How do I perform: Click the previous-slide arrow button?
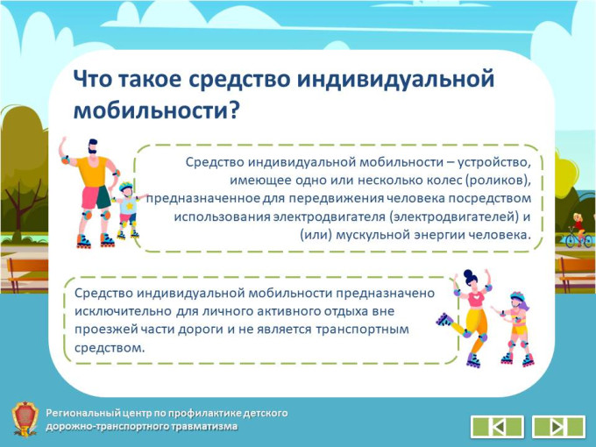coord(497,427)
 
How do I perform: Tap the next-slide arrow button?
coord(558,427)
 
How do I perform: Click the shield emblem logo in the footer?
coord(25,419)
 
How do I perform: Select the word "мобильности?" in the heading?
coord(157,110)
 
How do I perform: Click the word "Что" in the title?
coord(92,79)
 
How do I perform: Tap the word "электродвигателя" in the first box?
coord(330,216)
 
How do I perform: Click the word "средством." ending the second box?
coord(110,347)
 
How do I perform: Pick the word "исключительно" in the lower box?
coord(123,311)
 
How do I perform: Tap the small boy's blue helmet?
coord(125,187)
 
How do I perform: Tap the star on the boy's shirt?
coord(130,206)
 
